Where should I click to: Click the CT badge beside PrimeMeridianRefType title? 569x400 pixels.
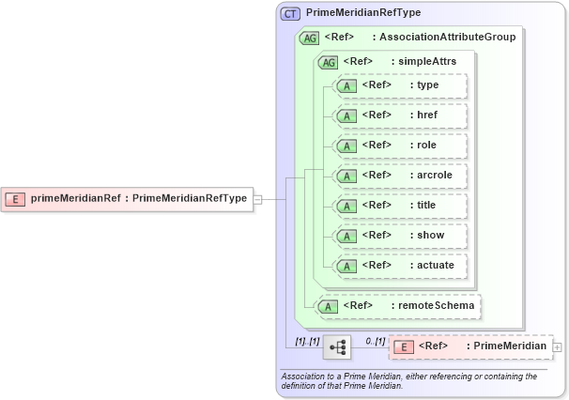(x=291, y=13)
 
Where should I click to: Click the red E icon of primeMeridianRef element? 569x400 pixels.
(x=16, y=198)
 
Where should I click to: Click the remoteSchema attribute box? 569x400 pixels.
(x=399, y=305)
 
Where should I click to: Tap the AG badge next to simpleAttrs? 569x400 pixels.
(x=329, y=62)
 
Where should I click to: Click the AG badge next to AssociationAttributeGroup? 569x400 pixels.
(x=309, y=38)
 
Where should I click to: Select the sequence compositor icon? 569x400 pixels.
(x=336, y=347)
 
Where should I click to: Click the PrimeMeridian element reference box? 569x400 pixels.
(x=469, y=346)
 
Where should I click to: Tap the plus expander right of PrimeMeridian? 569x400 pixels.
(x=558, y=347)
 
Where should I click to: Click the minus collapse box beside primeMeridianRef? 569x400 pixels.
(x=257, y=198)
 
